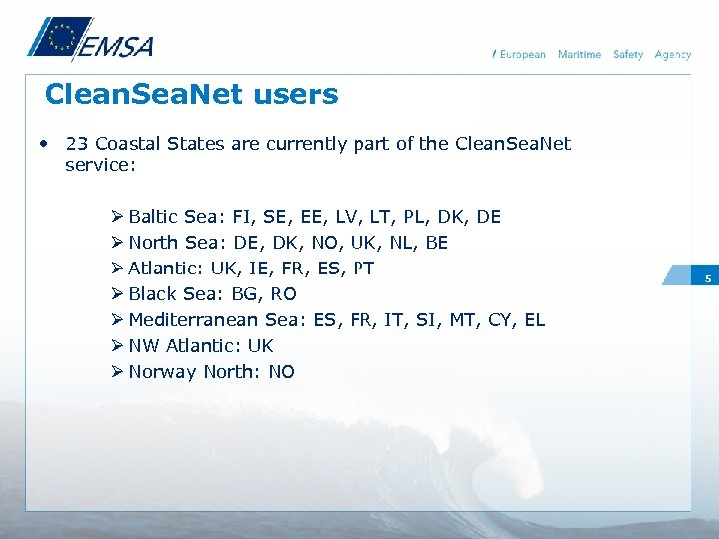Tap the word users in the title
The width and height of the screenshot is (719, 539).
pos(296,96)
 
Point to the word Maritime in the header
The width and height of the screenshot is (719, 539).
pos(579,55)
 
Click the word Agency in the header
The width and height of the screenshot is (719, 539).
pos(672,55)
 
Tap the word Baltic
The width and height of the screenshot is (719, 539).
pos(153,217)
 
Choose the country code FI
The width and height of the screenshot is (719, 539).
pos(241,217)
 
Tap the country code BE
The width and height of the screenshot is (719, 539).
pos(436,243)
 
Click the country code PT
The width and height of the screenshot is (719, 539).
pos(363,269)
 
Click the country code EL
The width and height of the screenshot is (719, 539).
pos(534,320)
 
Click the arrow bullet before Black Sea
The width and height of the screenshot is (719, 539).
pos(117,294)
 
